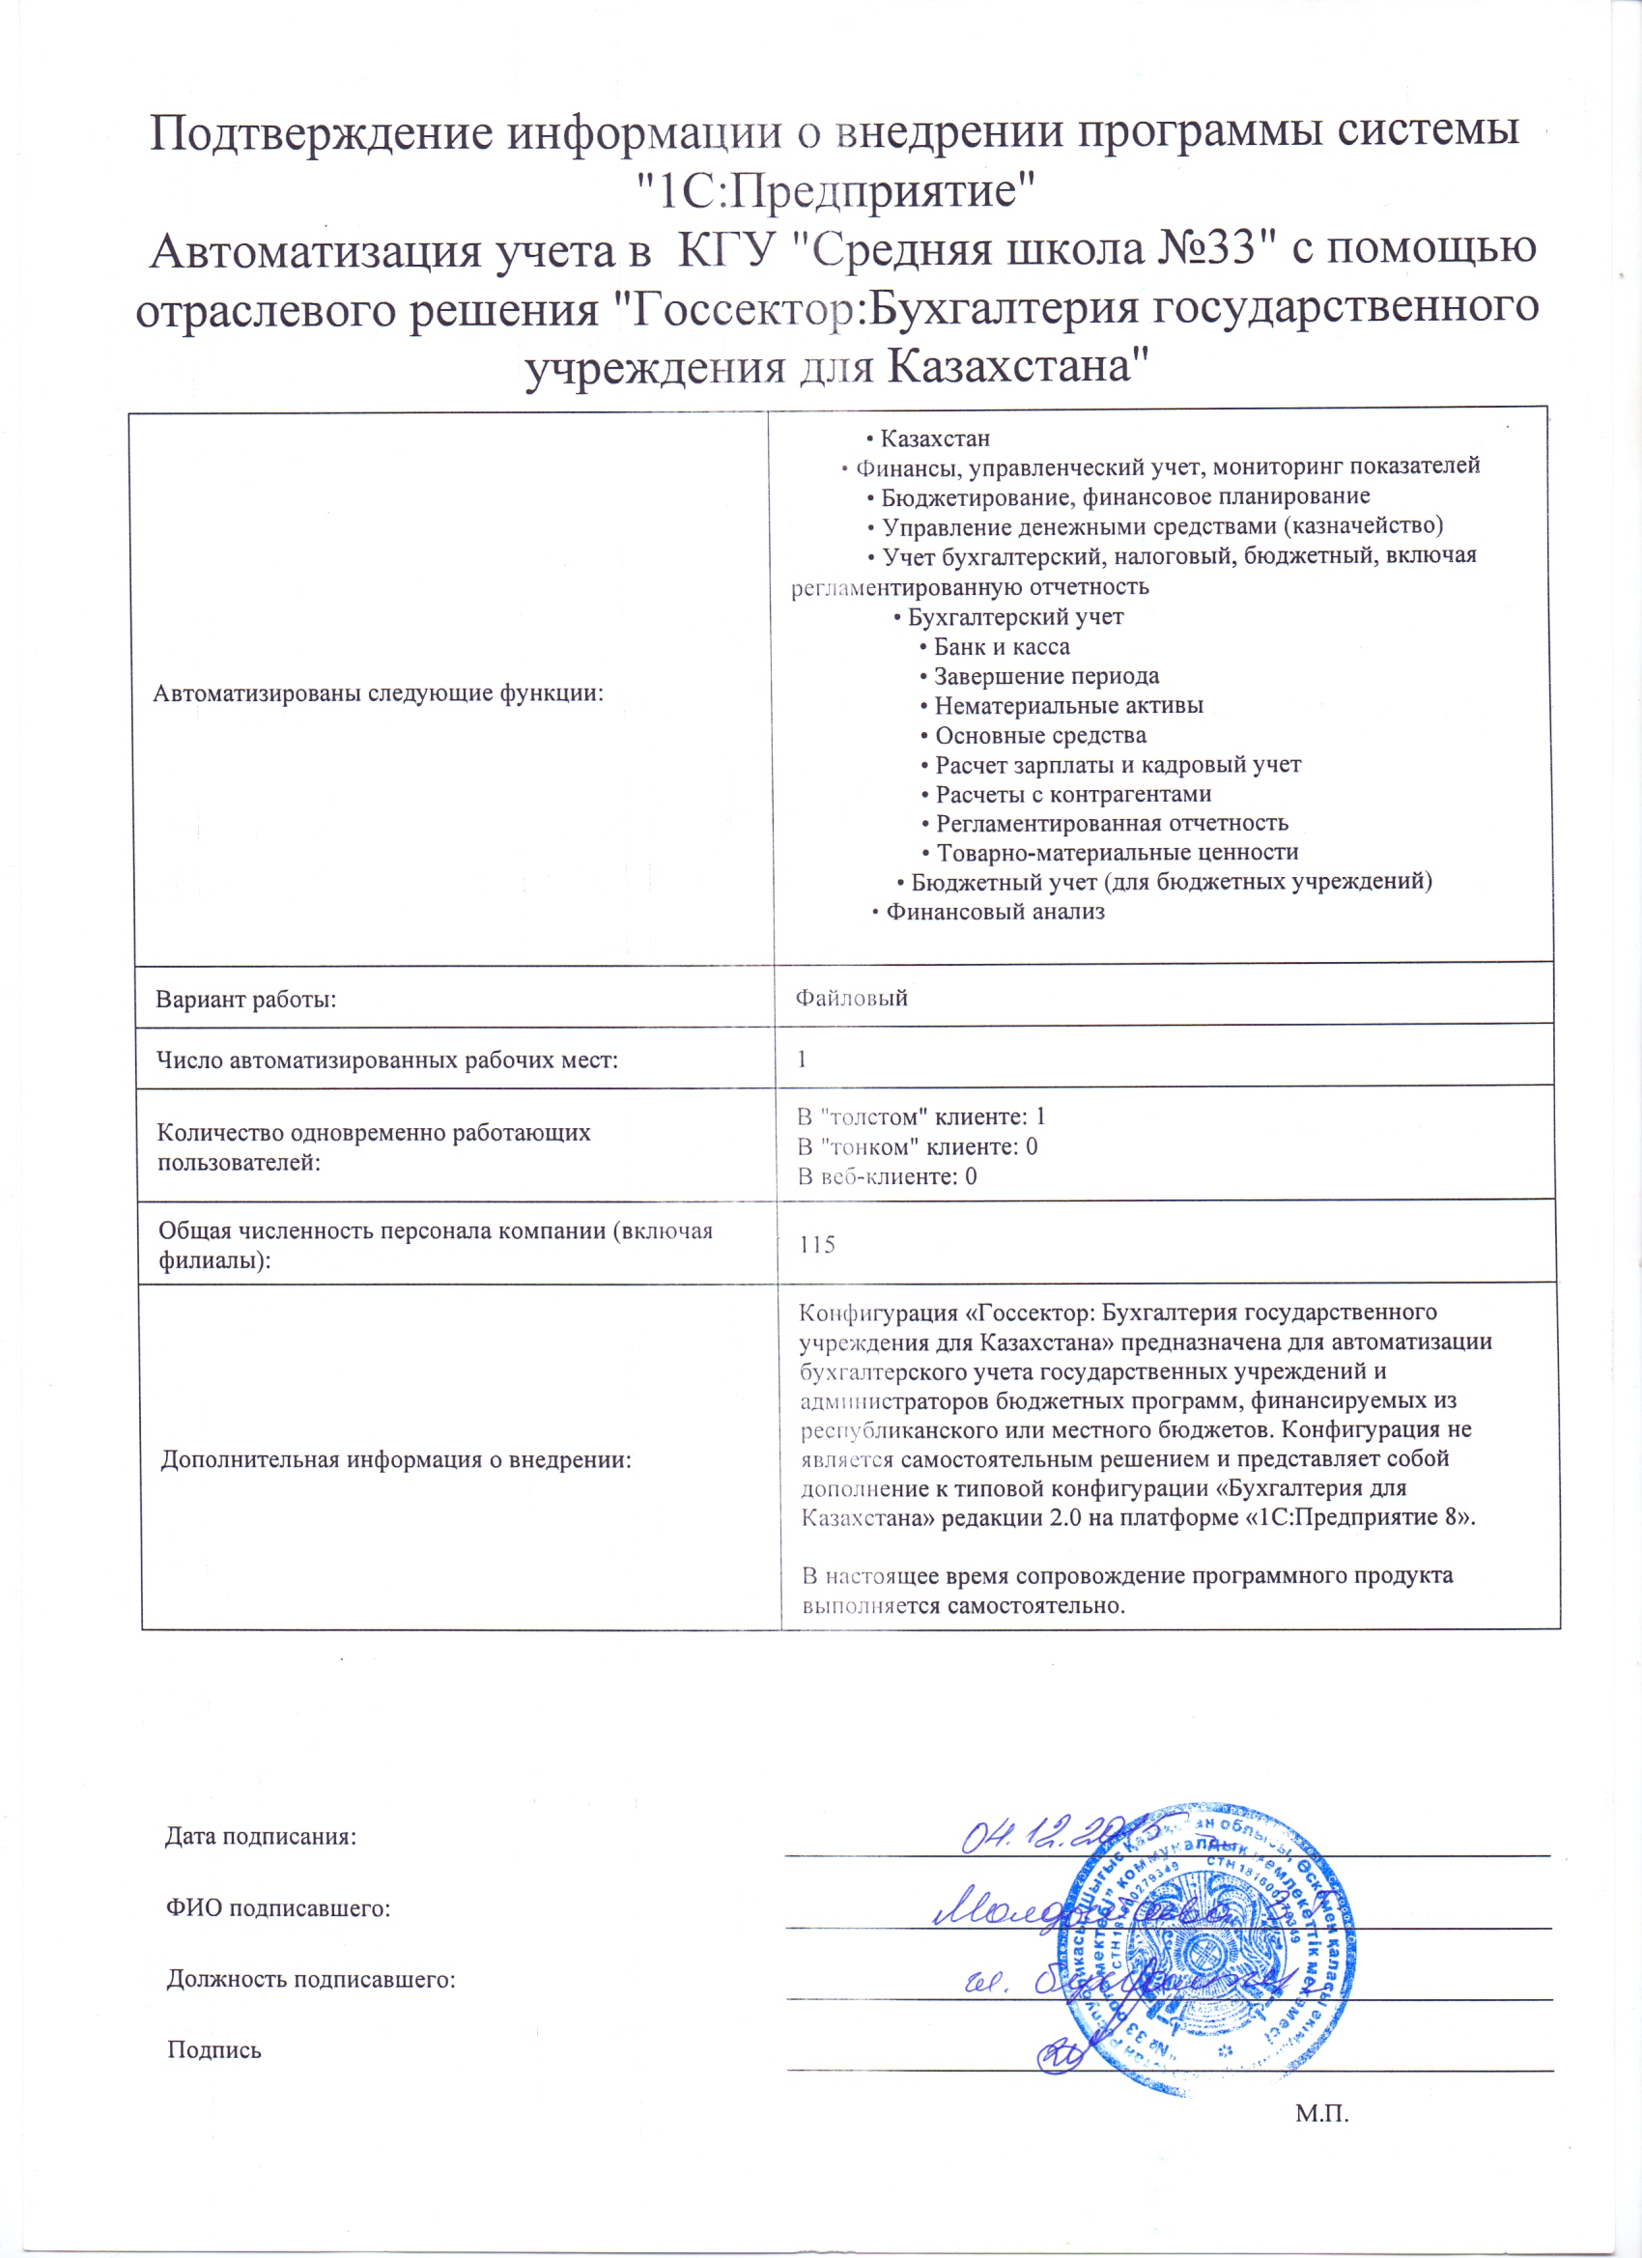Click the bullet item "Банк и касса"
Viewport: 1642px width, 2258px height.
click(x=1001, y=647)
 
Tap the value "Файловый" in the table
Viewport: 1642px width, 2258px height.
click(x=851, y=998)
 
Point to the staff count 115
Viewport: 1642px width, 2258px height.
click(x=816, y=1245)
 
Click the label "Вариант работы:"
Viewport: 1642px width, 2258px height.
click(x=246, y=999)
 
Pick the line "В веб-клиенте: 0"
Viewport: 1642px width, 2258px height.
click(x=888, y=1176)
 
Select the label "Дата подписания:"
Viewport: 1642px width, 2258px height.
click(x=260, y=1836)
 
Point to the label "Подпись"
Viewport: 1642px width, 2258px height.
click(x=214, y=2050)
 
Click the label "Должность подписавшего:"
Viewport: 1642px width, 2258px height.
click(x=311, y=1978)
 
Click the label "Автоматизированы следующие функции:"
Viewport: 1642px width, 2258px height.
click(x=379, y=694)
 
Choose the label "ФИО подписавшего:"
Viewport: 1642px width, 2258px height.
click(x=278, y=1907)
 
